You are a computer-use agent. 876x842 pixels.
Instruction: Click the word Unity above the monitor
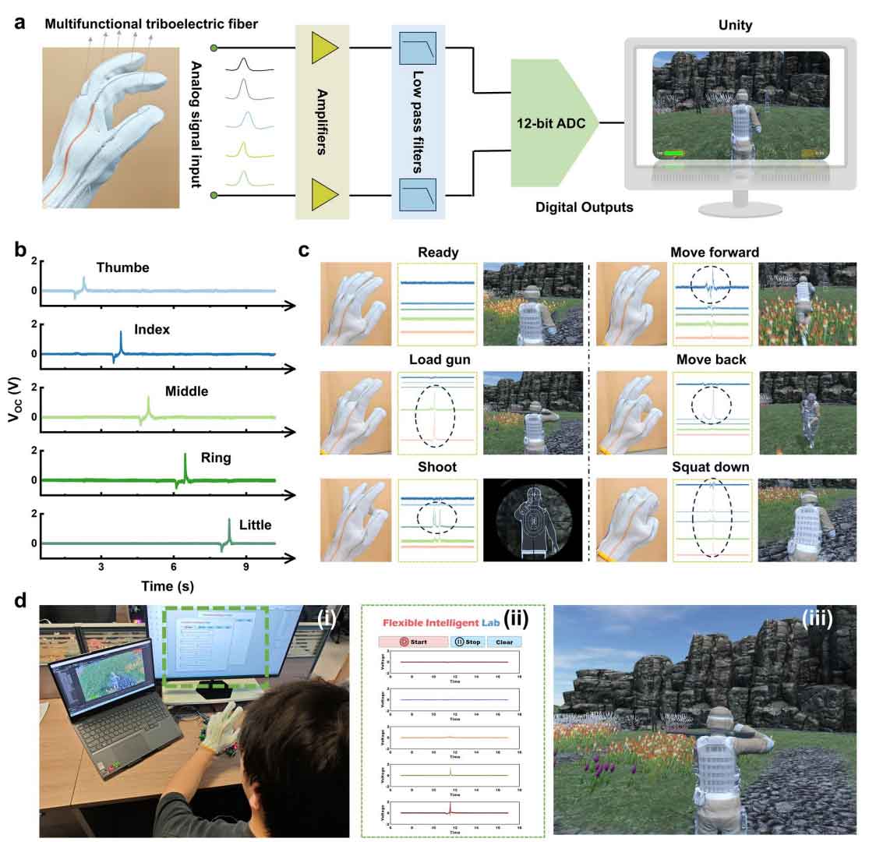click(x=735, y=26)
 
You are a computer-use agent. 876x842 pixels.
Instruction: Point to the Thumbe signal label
click(x=123, y=268)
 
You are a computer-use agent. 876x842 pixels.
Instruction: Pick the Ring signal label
click(x=216, y=458)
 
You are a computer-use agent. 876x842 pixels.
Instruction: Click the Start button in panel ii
click(x=413, y=642)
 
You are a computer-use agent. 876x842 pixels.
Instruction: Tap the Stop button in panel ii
click(x=467, y=642)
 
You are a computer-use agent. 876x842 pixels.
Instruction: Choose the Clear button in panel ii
click(x=504, y=642)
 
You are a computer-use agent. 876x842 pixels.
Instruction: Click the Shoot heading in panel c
click(x=437, y=468)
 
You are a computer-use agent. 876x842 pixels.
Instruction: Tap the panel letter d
click(x=23, y=602)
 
